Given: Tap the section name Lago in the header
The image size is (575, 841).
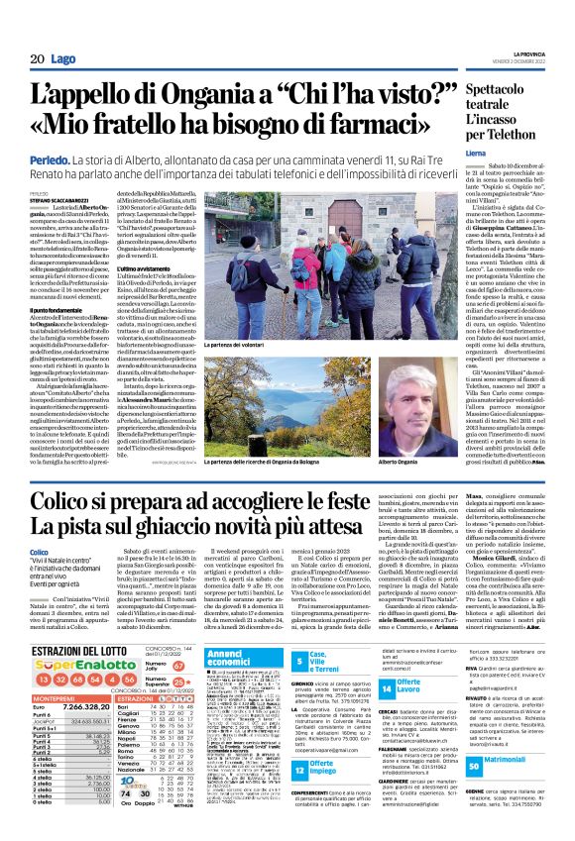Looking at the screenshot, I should click(x=60, y=59).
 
